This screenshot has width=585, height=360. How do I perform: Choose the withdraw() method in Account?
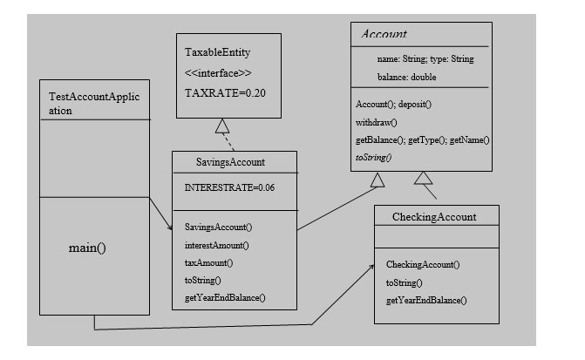[377, 122]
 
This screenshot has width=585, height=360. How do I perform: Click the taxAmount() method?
[209, 262]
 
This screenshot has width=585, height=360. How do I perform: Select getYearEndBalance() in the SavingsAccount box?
[225, 298]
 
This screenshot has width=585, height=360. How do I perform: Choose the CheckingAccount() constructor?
[423, 264]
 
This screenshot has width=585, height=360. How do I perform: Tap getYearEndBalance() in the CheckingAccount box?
[426, 300]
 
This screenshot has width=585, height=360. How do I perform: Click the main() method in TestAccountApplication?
[87, 248]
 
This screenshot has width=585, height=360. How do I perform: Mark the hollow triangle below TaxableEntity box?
[222, 125]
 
